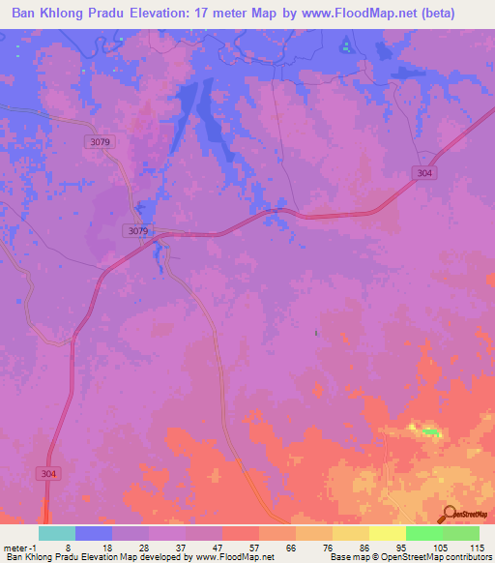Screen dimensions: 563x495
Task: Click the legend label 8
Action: coord(67,547)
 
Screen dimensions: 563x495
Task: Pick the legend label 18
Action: coord(107,547)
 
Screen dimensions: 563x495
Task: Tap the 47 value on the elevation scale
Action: coord(218,547)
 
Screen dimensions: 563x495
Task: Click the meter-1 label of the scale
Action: coord(18,547)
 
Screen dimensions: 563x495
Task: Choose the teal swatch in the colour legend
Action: coord(57,533)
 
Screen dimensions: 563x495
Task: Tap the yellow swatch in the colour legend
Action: coord(387,533)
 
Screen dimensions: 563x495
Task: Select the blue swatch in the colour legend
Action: coord(94,533)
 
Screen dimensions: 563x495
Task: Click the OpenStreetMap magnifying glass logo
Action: coord(449,516)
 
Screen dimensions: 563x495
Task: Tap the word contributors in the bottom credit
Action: coord(466,557)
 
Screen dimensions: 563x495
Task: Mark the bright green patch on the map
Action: coord(428,431)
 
